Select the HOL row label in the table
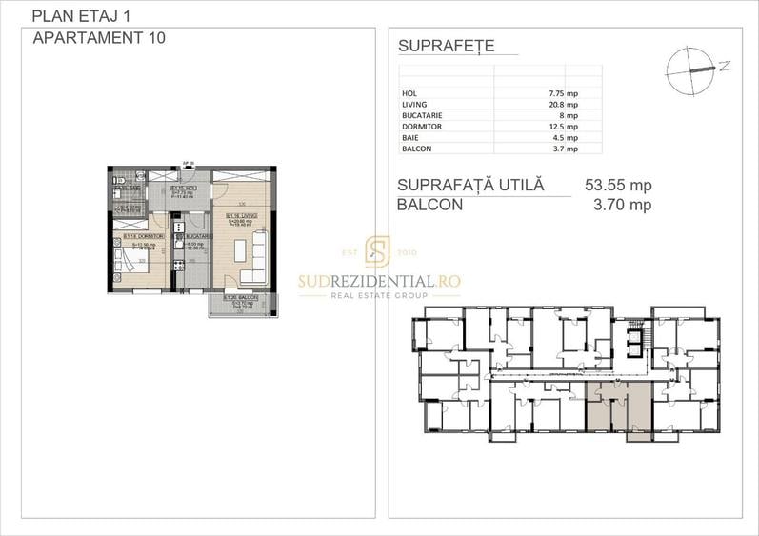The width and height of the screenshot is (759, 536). [x=410, y=93]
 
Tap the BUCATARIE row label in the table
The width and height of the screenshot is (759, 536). [x=423, y=115]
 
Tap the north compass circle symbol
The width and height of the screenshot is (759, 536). [x=688, y=69]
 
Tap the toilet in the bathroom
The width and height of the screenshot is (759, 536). [x=115, y=180]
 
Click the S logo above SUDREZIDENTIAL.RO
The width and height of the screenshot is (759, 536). [x=378, y=252]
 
